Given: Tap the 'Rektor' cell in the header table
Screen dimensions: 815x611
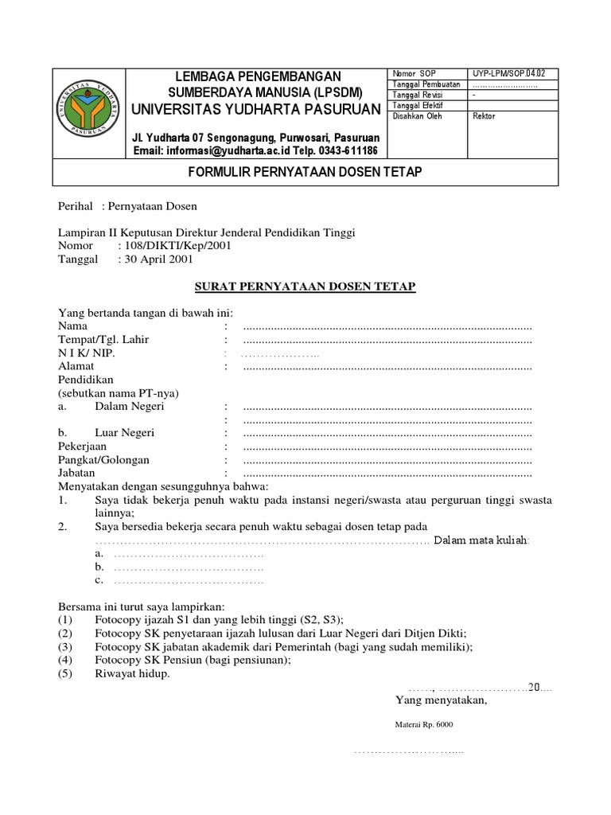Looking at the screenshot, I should [x=484, y=115].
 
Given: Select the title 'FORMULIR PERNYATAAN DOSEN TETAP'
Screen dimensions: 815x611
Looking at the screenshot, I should [x=305, y=172].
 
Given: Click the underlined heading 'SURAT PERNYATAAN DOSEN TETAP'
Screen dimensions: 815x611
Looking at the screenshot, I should [x=306, y=286].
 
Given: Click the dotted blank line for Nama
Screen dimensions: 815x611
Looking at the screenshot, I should [x=387, y=326].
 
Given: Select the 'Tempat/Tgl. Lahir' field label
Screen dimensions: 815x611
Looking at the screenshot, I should [x=103, y=339].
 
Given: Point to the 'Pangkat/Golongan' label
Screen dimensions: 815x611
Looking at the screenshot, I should [x=103, y=460].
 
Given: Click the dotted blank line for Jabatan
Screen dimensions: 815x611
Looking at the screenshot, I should [x=387, y=474].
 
